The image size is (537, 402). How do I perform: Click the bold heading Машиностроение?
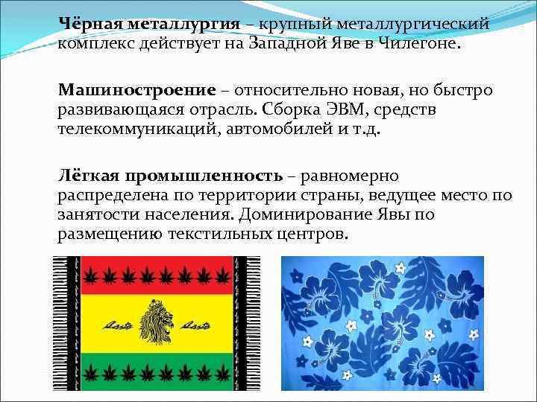(x=136, y=90)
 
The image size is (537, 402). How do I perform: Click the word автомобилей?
(x=286, y=129)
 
